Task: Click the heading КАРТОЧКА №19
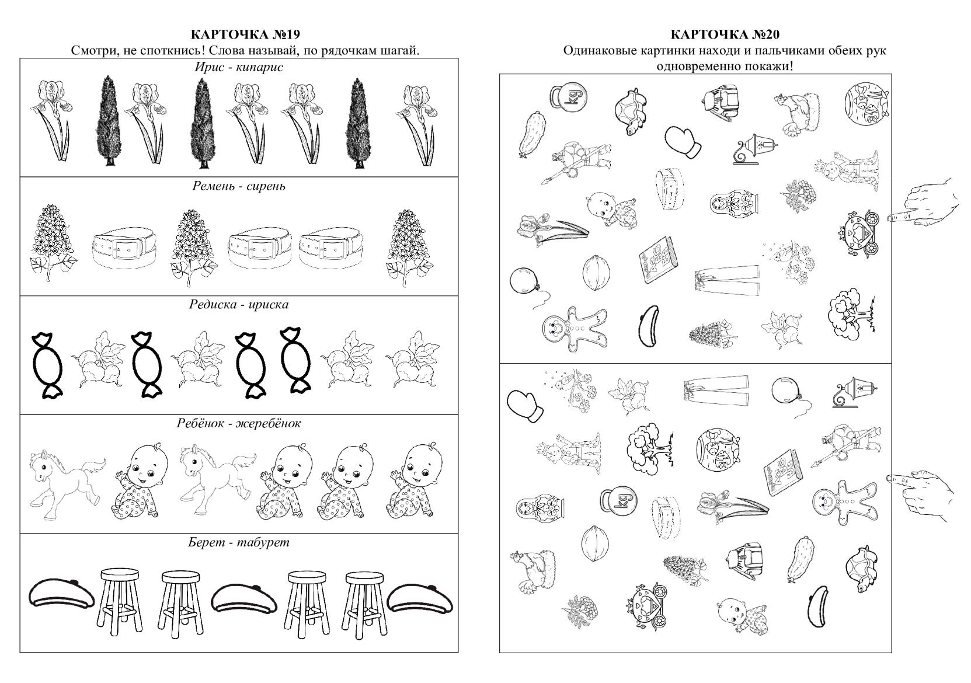(245, 34)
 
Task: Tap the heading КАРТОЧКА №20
(725, 34)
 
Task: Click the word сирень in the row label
(266, 187)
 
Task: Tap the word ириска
(269, 305)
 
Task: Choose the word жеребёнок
(269, 423)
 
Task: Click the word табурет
(263, 542)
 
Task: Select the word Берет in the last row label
(206, 542)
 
